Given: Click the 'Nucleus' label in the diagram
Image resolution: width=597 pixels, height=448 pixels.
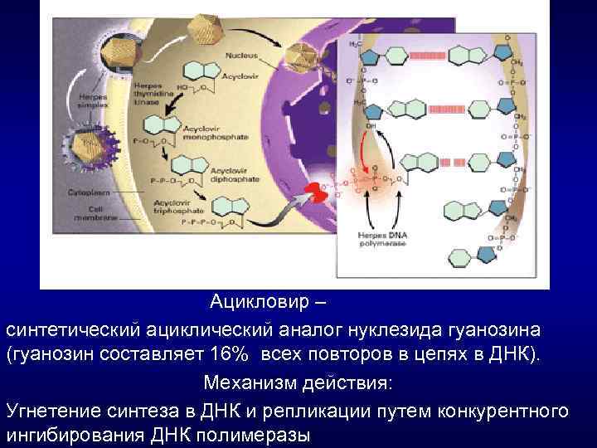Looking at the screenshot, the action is [240, 56].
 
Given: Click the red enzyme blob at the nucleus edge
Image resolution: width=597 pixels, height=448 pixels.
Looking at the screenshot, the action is [317, 193].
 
